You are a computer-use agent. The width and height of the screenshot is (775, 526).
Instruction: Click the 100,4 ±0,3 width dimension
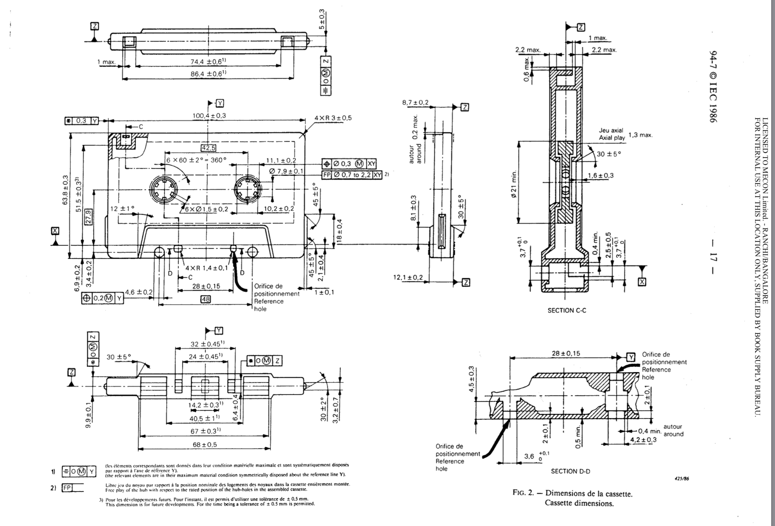point(209,116)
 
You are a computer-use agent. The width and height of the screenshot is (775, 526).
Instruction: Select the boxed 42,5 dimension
point(209,148)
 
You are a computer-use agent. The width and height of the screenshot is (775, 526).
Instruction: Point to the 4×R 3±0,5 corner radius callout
point(333,118)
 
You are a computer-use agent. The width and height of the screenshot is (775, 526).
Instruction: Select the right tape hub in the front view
point(246,189)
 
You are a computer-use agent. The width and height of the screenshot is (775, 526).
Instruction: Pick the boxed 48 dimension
point(206,299)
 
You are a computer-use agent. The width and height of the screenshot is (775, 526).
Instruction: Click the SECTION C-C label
point(567,310)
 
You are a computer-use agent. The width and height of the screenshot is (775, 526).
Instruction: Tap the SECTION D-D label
point(570,471)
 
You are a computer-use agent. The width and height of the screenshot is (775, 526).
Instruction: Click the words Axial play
point(612,138)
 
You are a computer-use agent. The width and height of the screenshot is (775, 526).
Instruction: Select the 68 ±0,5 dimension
point(205,444)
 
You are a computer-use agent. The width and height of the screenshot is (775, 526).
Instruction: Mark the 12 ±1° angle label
point(122,208)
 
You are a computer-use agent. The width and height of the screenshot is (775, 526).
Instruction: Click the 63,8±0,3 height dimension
point(65,190)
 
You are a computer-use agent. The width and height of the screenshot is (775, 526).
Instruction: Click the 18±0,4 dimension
point(339,231)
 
